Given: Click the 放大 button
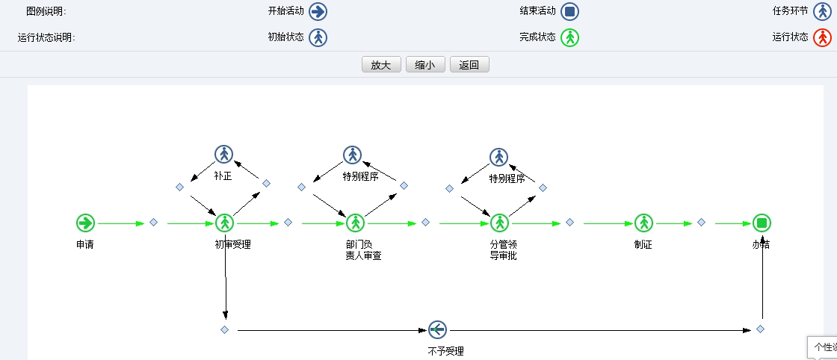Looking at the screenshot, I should point(381,65).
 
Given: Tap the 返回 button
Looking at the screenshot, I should point(469,65).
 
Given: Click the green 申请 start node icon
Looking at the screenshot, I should point(85,223).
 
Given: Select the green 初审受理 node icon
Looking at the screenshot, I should point(225,223).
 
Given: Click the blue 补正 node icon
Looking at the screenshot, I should point(223,154).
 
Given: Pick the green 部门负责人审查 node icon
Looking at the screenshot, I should point(355,223).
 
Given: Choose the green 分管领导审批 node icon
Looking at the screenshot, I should point(499,223).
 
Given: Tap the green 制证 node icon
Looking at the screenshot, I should point(643,223).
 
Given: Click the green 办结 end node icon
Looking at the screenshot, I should point(762,223).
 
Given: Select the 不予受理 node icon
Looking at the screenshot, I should point(437,329).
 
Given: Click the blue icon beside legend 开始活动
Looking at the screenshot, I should point(318,11).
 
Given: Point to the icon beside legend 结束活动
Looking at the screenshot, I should point(570,11).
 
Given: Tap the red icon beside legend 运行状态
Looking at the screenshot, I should point(822,37).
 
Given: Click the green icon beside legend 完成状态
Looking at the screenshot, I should point(570,37).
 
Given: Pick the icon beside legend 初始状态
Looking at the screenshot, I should point(318,37).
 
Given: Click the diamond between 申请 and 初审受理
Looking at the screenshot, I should point(153,223).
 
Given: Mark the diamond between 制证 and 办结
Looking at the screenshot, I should point(701,223).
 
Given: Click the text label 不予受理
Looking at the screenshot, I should point(451,351).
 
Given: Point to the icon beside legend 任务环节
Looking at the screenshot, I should point(822,11).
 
